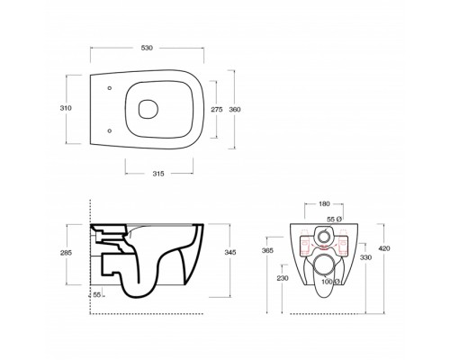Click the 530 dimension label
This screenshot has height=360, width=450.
pos(147,48)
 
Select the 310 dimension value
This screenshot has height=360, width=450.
pos(66,108)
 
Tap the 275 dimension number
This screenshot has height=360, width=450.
pos(217,110)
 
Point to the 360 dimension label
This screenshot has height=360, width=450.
pos(235,110)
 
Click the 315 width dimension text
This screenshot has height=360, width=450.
pos(158,174)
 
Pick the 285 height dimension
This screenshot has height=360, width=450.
pos(66,253)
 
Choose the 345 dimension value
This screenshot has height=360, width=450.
pos(230,252)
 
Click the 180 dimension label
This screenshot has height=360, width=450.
pos(324,204)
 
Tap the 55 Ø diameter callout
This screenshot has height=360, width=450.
pos(334,220)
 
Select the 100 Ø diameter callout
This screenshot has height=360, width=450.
pos(330,282)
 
